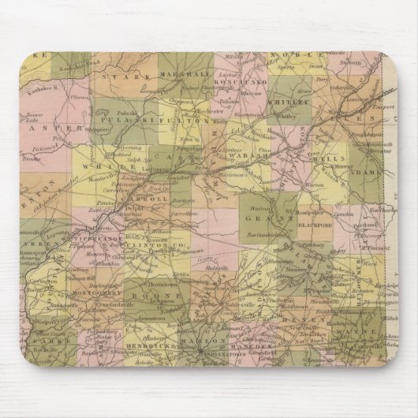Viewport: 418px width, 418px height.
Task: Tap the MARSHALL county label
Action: [x=188, y=75]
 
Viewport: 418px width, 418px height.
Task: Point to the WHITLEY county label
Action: [x=288, y=100]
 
